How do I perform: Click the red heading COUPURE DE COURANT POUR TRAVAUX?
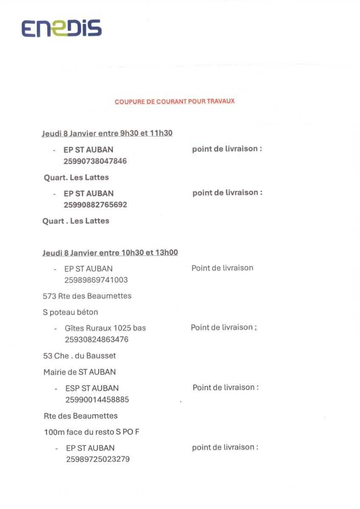(174, 102)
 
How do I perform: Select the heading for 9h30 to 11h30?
(107, 133)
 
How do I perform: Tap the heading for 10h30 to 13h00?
(110, 253)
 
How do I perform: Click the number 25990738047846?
(95, 161)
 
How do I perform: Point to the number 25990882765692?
(95, 204)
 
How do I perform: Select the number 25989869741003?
(96, 280)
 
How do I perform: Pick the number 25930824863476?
(96, 339)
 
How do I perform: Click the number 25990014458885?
(97, 400)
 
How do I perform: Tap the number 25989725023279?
(98, 459)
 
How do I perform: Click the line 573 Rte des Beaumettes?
(87, 296)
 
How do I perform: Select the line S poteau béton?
(70, 313)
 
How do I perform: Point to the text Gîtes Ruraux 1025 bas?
(105, 328)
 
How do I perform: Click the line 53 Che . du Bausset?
(79, 356)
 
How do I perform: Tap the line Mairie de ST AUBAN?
(79, 372)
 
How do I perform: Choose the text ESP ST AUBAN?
(92, 388)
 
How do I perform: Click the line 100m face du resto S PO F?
(92, 433)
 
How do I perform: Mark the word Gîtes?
(74, 328)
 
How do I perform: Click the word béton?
(88, 313)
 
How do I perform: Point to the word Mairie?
(55, 372)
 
